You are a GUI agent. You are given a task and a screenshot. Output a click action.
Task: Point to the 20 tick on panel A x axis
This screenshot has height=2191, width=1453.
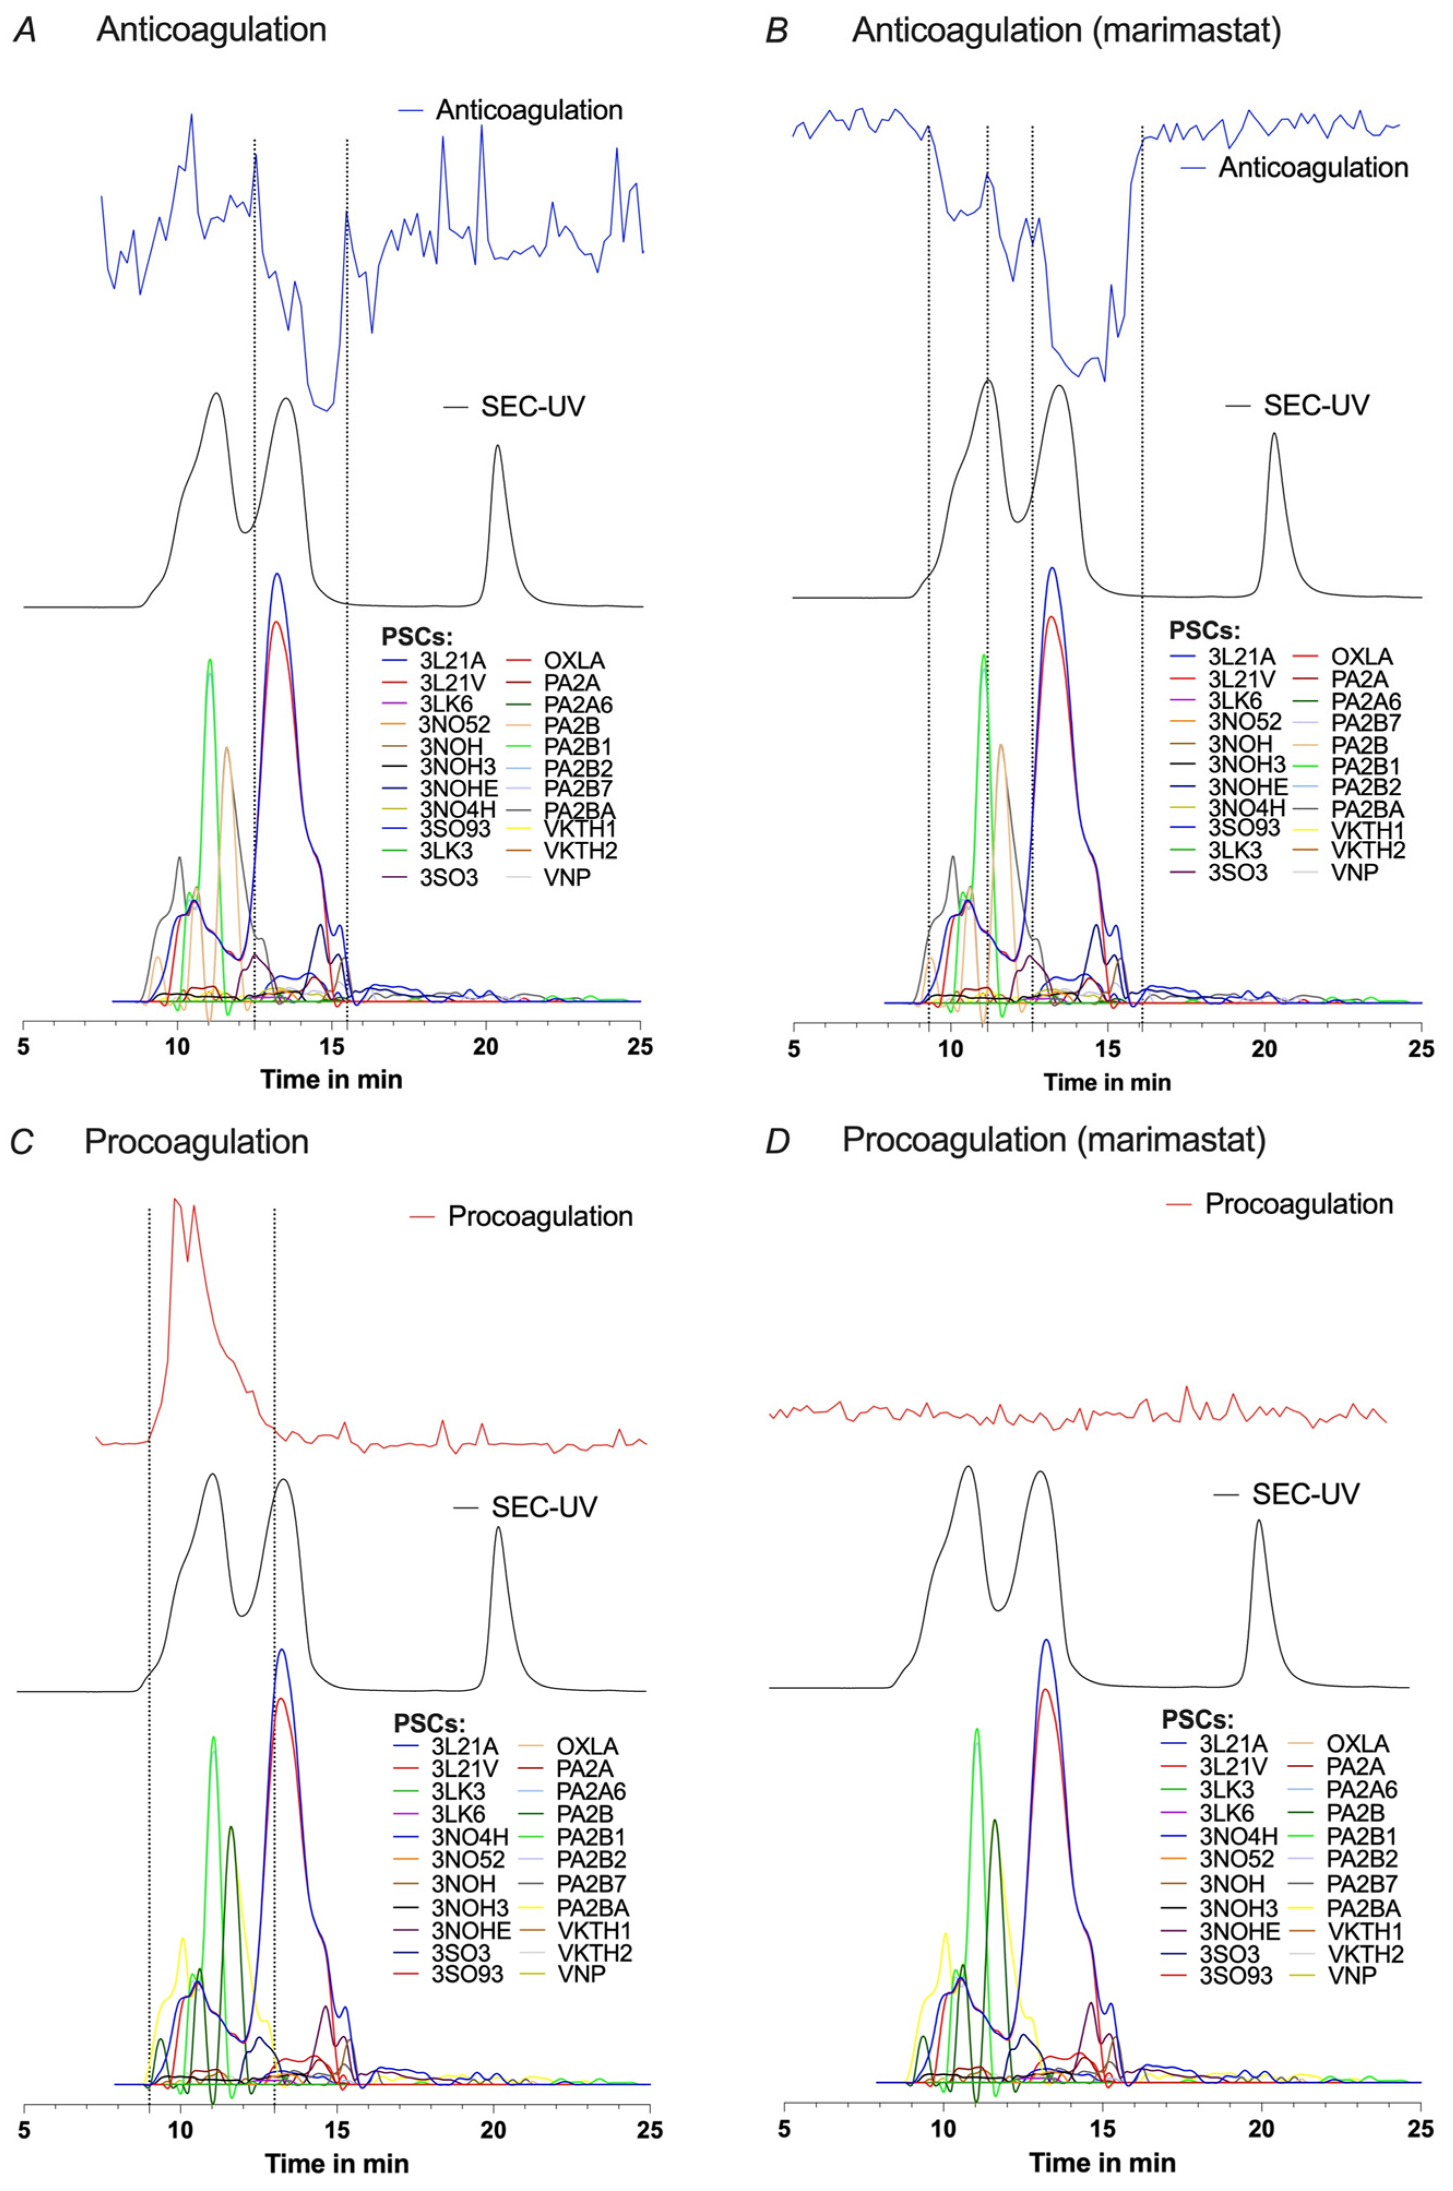(x=486, y=1047)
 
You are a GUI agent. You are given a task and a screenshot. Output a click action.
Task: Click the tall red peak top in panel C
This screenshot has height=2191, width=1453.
(x=175, y=1199)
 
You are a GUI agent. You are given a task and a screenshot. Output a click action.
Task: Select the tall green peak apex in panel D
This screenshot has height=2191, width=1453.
(x=976, y=1729)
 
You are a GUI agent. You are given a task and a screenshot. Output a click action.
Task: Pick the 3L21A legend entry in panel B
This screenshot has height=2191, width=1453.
(x=1241, y=657)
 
